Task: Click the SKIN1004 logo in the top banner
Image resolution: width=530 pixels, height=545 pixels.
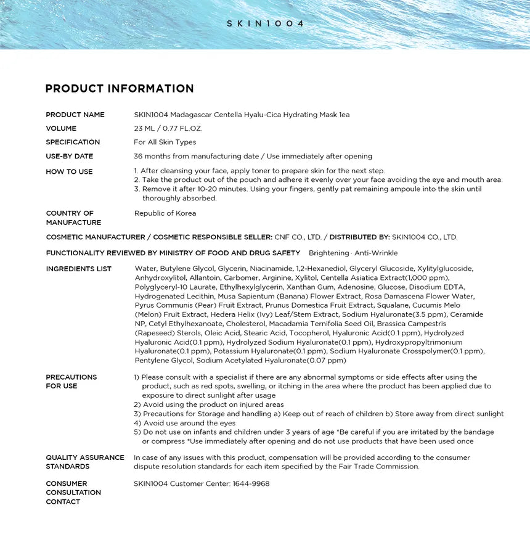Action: [x=265, y=23]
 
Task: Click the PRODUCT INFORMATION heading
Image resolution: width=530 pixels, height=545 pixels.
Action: [x=120, y=89]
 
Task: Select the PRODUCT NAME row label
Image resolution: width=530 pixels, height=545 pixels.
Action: [x=75, y=115]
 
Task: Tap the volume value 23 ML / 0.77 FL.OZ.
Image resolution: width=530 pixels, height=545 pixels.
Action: [x=168, y=129]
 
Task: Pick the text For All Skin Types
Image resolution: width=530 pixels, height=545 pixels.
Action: [x=165, y=142]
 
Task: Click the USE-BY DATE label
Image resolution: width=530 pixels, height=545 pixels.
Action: [x=70, y=157]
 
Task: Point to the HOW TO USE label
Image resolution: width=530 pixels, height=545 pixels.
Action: [x=69, y=171]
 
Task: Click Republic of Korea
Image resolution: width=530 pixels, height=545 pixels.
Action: [x=165, y=213]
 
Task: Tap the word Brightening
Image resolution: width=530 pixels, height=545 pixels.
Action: [x=328, y=253]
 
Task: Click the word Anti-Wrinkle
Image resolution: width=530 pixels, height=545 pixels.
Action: [x=376, y=253]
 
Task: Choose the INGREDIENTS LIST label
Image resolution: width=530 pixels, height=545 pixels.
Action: [x=79, y=269]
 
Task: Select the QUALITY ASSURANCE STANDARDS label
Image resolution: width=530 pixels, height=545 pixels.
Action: [x=85, y=462]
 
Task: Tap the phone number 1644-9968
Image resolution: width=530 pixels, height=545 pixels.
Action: [x=251, y=484]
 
